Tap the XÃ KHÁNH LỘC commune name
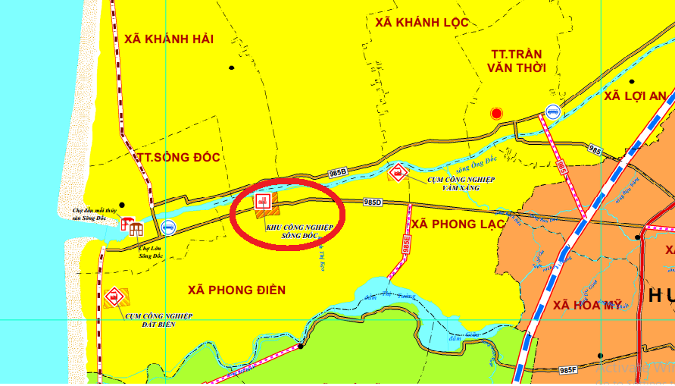click(418, 23)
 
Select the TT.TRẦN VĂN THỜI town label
click(517, 61)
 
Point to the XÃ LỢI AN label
click(636, 96)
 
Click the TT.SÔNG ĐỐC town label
click(179, 158)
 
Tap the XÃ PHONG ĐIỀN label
click(236, 290)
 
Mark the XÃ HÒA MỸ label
click(587, 305)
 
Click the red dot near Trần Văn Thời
click(496, 114)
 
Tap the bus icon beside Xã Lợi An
click(553, 111)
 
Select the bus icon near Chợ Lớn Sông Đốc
click(168, 227)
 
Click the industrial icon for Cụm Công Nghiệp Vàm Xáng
click(395, 173)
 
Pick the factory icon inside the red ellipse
click(263, 202)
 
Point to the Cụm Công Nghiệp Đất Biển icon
click(114, 297)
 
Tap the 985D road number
click(373, 202)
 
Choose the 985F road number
click(567, 370)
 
